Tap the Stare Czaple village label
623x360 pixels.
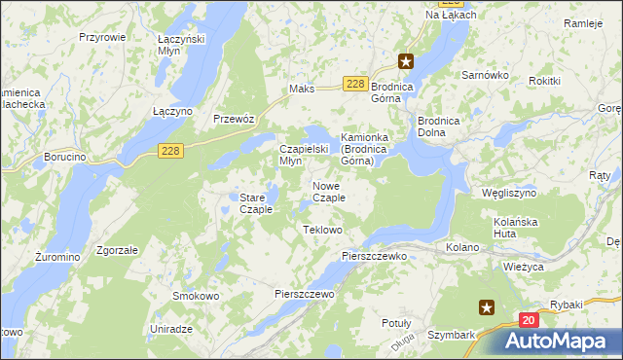click(255, 203)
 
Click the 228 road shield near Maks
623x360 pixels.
click(355, 85)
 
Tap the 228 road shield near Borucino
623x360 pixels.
click(170, 150)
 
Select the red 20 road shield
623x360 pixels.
click(528, 319)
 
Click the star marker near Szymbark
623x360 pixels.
click(486, 307)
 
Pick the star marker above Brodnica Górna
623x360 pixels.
click(407, 61)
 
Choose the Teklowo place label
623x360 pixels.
click(323, 230)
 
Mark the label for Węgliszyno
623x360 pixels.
click(508, 193)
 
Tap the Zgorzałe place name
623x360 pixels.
click(116, 249)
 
